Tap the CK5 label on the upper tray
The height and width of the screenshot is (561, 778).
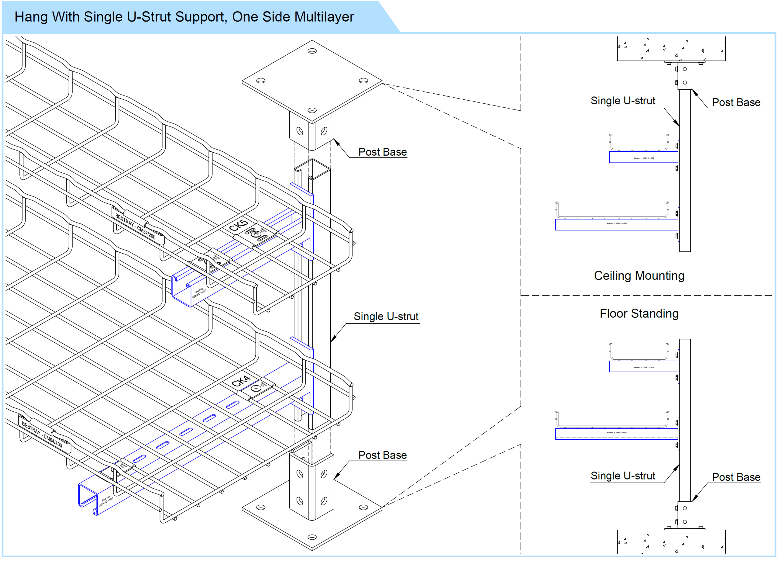pos(238,225)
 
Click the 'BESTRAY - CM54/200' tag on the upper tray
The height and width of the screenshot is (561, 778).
pos(135,226)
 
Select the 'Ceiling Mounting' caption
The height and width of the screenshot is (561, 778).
pos(639,276)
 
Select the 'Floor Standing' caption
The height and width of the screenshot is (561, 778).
pos(639,313)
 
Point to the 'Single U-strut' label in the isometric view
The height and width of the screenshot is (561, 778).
pos(386,316)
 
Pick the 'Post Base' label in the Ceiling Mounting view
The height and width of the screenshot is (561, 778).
pos(736,102)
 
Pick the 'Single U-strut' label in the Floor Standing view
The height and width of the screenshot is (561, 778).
pos(623,476)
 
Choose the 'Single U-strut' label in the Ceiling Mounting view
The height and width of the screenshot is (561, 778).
pos(623,101)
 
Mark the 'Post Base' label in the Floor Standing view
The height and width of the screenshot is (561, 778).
pos(736,477)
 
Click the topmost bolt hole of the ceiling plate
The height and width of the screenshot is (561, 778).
pos(312,51)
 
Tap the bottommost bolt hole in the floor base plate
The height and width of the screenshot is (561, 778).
pos(312,537)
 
